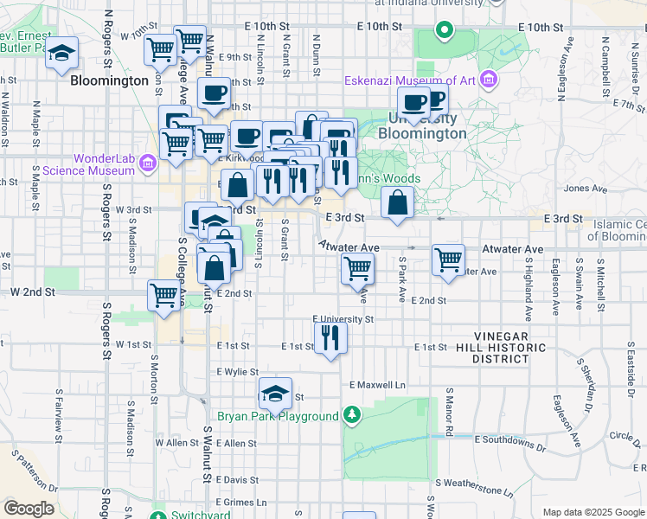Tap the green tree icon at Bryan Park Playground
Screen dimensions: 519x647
click(x=351, y=417)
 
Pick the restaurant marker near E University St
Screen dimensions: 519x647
click(x=330, y=336)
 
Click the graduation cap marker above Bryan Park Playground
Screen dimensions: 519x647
click(x=275, y=394)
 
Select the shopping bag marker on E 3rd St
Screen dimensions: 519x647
click(x=397, y=204)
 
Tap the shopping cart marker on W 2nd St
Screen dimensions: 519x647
click(x=163, y=295)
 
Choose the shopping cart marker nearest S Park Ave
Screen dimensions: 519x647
click(x=448, y=259)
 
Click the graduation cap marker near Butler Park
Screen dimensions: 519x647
click(x=61, y=53)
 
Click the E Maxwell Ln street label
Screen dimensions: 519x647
click(x=377, y=384)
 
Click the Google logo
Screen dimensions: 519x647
click(x=29, y=509)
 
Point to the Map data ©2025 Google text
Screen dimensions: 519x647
click(x=593, y=512)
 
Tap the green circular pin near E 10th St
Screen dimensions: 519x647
click(x=444, y=30)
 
